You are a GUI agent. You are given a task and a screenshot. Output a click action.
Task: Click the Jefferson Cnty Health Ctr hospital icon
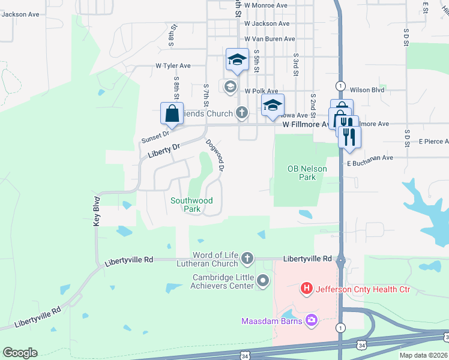point(307,289)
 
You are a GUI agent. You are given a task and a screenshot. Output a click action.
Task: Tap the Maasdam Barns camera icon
point(311,321)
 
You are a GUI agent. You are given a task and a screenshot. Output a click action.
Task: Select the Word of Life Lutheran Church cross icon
point(247,259)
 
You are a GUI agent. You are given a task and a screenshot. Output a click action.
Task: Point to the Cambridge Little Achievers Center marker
point(263,280)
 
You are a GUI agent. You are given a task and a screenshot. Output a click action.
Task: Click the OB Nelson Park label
point(307,173)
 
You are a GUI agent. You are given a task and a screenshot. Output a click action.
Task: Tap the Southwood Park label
point(191,205)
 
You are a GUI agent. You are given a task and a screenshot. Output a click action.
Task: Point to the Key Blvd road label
point(96,210)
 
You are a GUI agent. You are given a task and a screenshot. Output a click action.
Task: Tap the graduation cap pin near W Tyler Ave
point(237,60)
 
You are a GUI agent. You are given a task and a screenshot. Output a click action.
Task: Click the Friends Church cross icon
point(241,112)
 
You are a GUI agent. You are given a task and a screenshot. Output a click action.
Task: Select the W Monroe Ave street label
point(266,5)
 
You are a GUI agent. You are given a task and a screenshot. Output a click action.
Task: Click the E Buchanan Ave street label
point(369,158)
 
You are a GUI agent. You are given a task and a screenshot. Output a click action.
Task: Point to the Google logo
point(20,353)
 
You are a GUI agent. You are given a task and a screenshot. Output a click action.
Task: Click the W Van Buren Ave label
point(270,38)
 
